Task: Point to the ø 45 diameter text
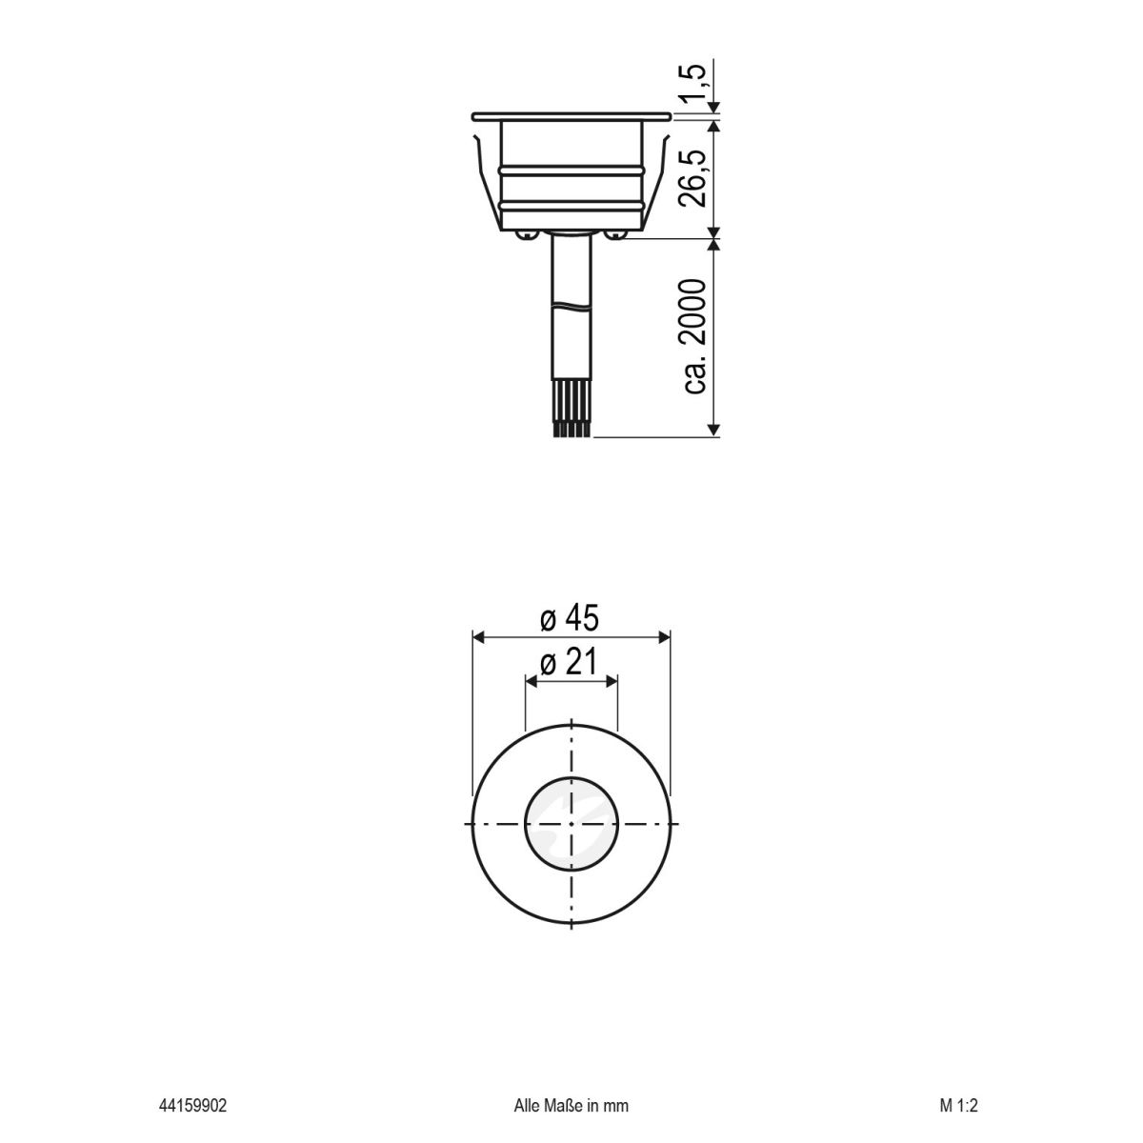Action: coord(570,620)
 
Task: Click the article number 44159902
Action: coord(192,1106)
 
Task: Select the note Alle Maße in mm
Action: coord(571,1106)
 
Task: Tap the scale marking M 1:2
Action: coord(958,1106)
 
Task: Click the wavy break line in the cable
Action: coord(571,307)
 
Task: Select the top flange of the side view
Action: coord(571,117)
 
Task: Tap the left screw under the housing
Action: coord(524,233)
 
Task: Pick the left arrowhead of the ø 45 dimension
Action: coord(480,635)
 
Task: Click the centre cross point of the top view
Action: coord(571,823)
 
